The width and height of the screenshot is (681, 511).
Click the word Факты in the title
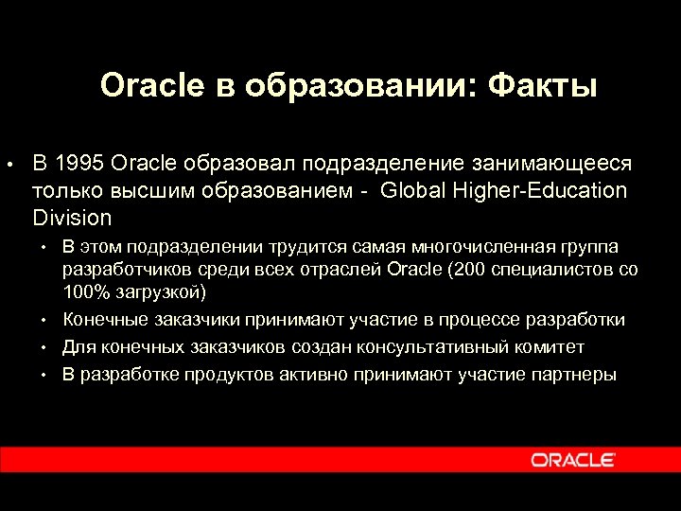543,86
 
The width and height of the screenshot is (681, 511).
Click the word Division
72,218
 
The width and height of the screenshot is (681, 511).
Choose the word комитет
549,347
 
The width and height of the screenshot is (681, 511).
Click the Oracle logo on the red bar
573,460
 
